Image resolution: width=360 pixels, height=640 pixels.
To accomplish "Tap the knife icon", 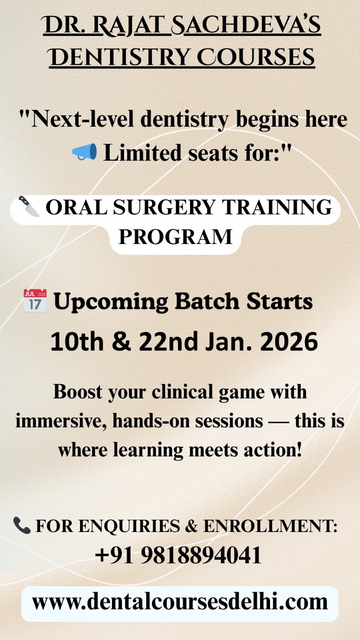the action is click(x=29, y=206).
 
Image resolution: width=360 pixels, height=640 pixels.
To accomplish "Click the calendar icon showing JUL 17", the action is click(x=35, y=300).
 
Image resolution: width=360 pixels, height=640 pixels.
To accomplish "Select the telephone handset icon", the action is click(x=22, y=525).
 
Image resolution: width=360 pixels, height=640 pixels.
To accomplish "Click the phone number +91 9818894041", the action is click(x=178, y=554).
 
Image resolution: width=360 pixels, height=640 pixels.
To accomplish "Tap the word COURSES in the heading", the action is click(x=256, y=57).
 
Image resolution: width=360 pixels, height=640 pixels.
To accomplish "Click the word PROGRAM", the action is click(x=175, y=236).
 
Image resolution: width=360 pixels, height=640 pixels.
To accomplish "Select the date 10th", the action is click(x=77, y=342).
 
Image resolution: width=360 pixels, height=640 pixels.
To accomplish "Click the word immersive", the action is click(x=60, y=421).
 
